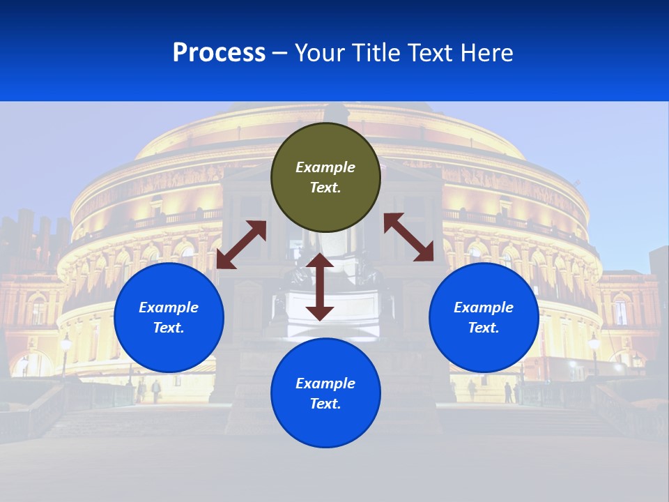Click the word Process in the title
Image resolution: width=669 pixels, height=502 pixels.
pyautogui.click(x=219, y=53)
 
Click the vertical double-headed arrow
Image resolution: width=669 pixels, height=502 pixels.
pyautogui.click(x=320, y=287)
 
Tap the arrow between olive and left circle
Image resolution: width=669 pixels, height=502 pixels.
pyautogui.click(x=241, y=244)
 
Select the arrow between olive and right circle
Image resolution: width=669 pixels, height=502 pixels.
pyautogui.click(x=408, y=237)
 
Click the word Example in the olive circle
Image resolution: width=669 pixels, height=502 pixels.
pyautogui.click(x=325, y=167)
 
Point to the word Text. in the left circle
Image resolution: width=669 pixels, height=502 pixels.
pyautogui.click(x=169, y=328)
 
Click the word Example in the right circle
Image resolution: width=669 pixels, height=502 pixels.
pyautogui.click(x=484, y=307)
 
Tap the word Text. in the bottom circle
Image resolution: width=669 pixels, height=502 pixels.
pyautogui.click(x=325, y=404)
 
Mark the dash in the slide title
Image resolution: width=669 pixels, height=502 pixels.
pyautogui.click(x=280, y=53)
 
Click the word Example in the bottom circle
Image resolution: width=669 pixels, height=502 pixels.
pyautogui.click(x=325, y=383)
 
